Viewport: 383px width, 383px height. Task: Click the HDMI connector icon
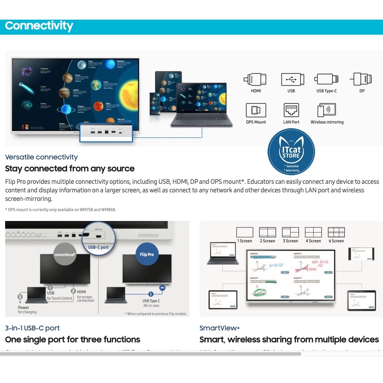[x=256, y=80]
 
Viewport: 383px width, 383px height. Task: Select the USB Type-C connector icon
[x=327, y=80]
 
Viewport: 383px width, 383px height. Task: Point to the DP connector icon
[x=359, y=79]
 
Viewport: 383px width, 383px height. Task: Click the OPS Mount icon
[x=256, y=110]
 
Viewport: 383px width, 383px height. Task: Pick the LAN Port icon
[x=292, y=110]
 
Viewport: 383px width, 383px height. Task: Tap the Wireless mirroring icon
[x=327, y=110]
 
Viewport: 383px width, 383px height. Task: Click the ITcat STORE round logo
[x=291, y=153]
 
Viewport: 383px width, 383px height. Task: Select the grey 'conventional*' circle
[x=65, y=254]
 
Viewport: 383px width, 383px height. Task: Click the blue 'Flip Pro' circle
[x=147, y=254]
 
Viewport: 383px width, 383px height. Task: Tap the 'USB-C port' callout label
[x=98, y=247]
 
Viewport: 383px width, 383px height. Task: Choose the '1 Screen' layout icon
[x=245, y=232]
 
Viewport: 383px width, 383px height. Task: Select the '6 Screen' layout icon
[x=336, y=232]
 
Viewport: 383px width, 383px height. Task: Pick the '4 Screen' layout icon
[x=313, y=232]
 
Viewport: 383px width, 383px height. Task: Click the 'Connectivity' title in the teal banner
[x=39, y=26]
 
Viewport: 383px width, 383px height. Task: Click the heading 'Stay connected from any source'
[x=70, y=168]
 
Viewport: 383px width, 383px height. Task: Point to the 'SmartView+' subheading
[x=220, y=328]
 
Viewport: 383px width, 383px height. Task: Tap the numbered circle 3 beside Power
[x=20, y=297]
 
